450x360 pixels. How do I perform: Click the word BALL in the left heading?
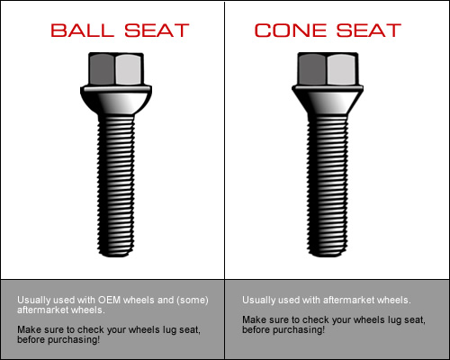[x=82, y=31]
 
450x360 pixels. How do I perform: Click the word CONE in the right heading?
[x=291, y=31]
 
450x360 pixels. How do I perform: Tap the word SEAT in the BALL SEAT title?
[x=157, y=31]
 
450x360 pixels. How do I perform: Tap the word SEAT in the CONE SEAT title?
[x=369, y=31]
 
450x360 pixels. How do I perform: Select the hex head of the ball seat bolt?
[x=116, y=69]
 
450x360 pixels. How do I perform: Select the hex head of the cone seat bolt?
[x=328, y=69]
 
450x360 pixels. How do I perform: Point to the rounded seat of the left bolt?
[x=116, y=101]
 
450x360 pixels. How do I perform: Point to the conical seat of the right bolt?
[x=328, y=101]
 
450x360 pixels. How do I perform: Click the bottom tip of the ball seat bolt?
[x=116, y=256]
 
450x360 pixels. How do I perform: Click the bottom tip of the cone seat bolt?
[x=328, y=256]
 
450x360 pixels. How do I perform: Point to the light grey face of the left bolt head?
[x=128, y=69]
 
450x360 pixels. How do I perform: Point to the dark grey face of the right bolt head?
[x=312, y=69]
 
